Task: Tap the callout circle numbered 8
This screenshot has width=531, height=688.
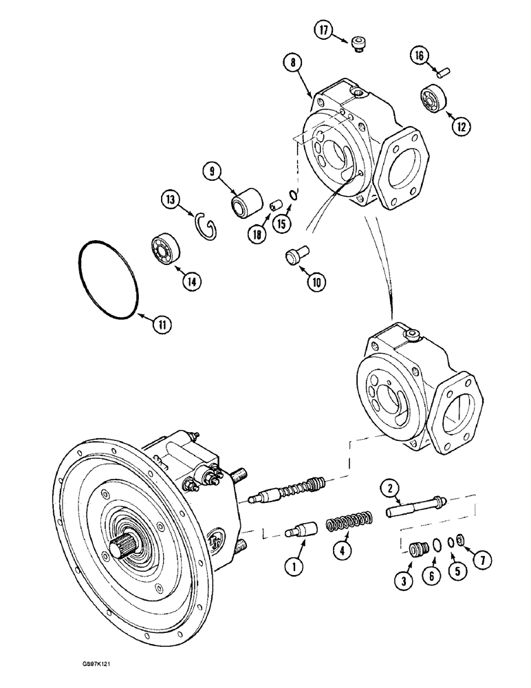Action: pyautogui.click(x=294, y=63)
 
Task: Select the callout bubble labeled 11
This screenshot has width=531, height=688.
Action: pyautogui.click(x=161, y=325)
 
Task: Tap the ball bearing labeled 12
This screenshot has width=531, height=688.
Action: pyautogui.click(x=434, y=99)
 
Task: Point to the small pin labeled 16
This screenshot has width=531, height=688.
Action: pyautogui.click(x=443, y=69)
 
